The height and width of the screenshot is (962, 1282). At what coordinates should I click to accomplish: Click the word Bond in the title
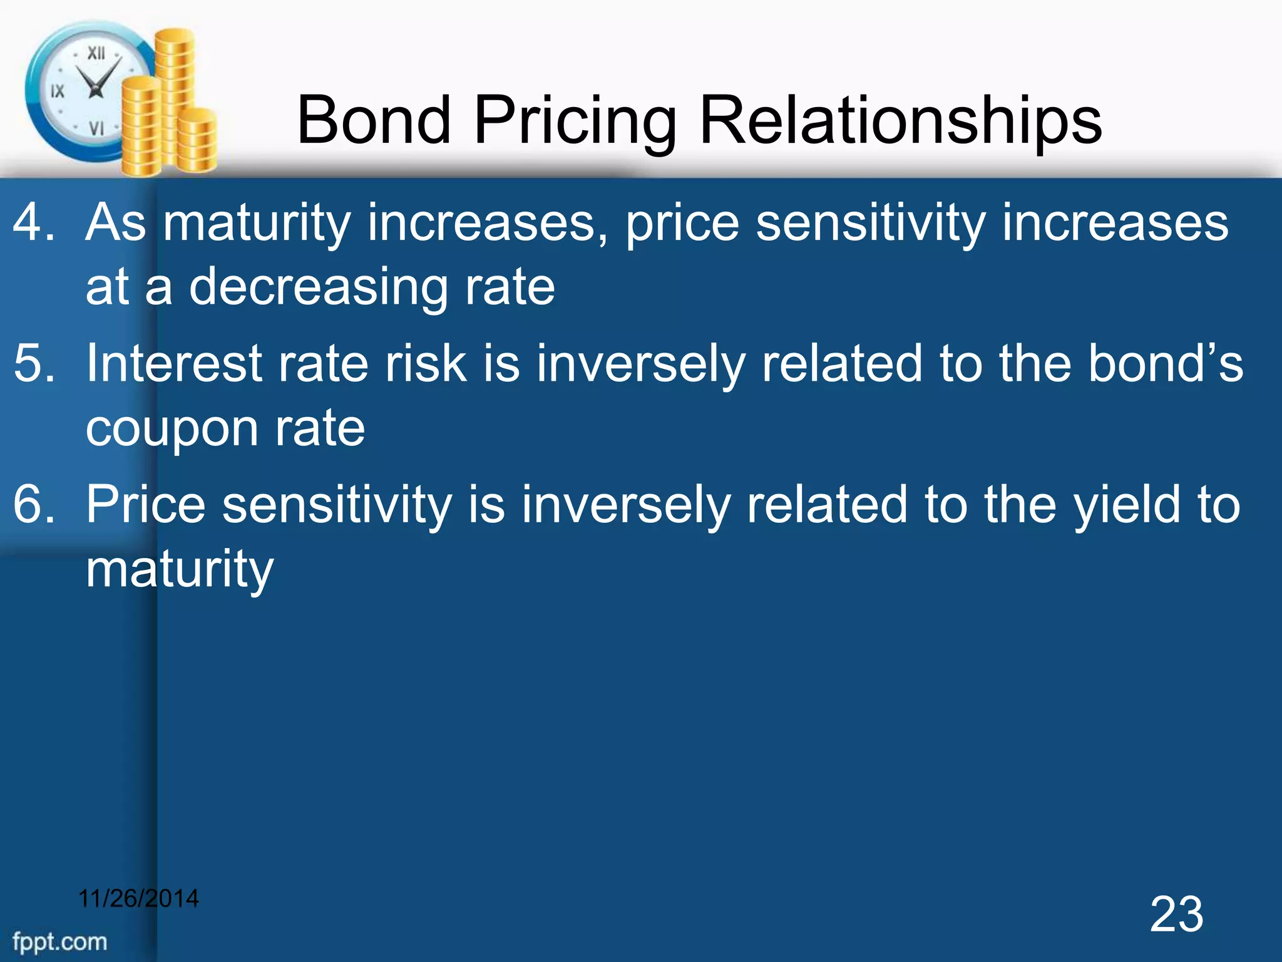(374, 120)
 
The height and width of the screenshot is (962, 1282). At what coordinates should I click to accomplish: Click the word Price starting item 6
(146, 504)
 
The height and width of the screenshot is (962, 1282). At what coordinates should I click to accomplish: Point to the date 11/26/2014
(138, 898)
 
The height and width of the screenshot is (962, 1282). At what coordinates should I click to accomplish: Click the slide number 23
(1176, 915)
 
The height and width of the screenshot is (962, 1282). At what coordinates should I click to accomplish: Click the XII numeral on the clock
(96, 53)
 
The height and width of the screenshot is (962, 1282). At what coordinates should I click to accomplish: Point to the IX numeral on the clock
(57, 91)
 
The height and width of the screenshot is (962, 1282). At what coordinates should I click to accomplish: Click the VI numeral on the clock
(96, 128)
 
